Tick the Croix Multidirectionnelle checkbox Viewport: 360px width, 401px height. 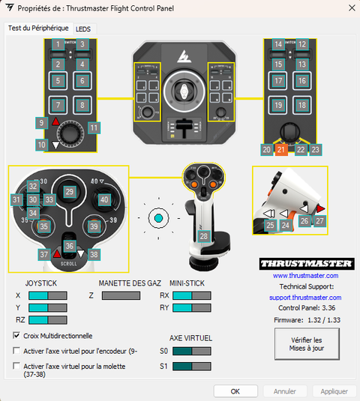click(x=17, y=336)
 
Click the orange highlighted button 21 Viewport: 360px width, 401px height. click(x=280, y=150)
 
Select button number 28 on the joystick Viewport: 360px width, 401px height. click(x=203, y=235)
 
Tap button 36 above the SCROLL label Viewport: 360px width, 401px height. click(x=69, y=246)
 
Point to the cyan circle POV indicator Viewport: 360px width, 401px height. click(x=157, y=218)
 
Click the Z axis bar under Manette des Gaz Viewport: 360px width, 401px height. click(x=121, y=295)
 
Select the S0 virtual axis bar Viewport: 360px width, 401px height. click(x=192, y=351)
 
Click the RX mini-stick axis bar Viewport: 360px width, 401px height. click(x=192, y=295)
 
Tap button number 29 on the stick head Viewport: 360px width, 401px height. click(x=69, y=193)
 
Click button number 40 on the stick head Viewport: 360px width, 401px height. click(x=104, y=200)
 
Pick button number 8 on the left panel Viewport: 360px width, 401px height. click(x=82, y=105)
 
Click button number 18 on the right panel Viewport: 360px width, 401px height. click(x=301, y=105)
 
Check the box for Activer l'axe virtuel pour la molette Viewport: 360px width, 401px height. click(x=17, y=366)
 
